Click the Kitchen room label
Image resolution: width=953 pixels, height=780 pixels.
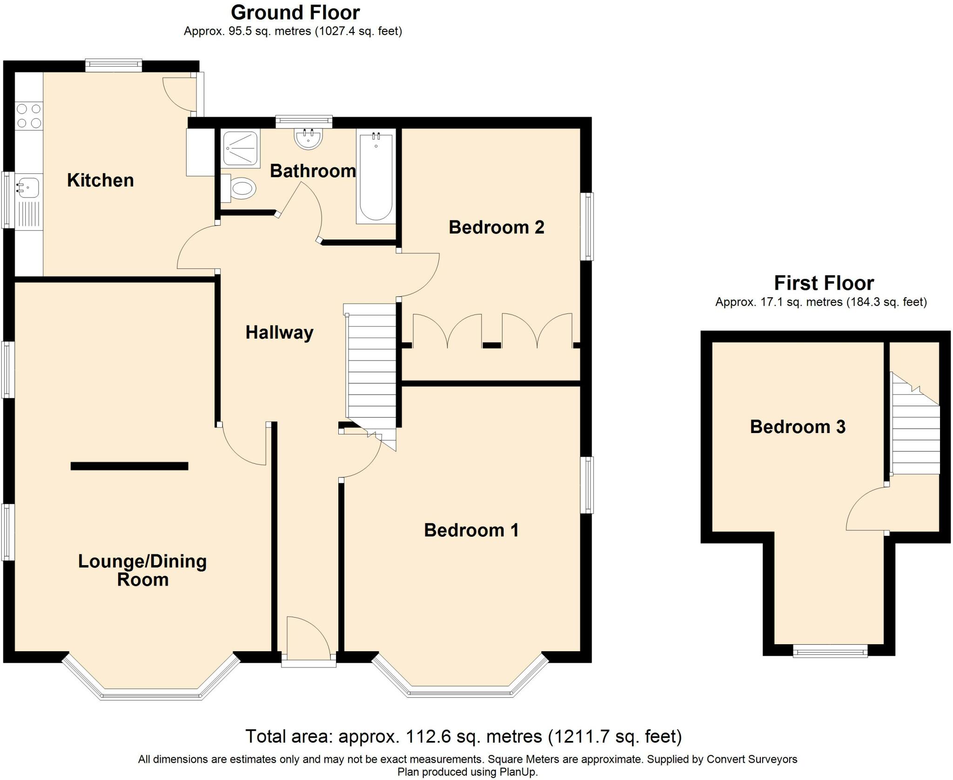tap(101, 180)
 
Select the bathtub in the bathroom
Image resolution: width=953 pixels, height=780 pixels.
tap(376, 176)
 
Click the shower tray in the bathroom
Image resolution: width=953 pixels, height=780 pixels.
tap(241, 148)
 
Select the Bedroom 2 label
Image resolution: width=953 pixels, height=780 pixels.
tap(497, 227)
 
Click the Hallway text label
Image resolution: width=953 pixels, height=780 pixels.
tap(279, 333)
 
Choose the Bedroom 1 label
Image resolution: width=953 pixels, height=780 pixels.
tap(471, 530)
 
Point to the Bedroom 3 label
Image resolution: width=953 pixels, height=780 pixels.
tap(798, 427)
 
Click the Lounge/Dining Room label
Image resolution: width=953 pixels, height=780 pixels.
tap(142, 570)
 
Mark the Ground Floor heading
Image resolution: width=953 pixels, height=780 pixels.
tap(295, 13)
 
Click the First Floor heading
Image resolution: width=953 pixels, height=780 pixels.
tap(824, 283)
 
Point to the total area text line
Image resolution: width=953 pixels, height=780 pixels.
tap(463, 736)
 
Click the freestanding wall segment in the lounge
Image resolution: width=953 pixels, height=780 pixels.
tap(129, 466)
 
